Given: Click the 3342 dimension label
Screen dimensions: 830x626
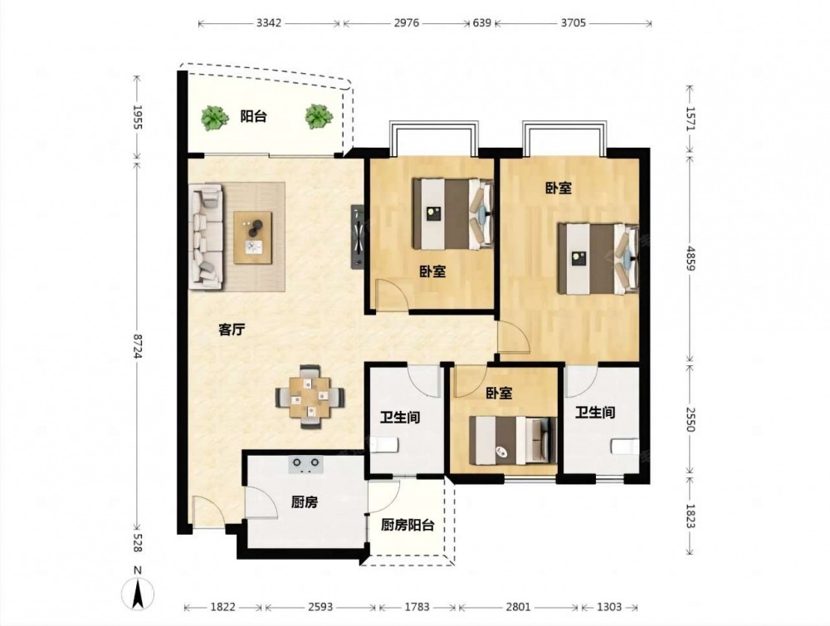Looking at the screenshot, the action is pyautogui.click(x=269, y=22).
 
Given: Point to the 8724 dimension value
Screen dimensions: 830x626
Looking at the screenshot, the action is pyautogui.click(x=138, y=346).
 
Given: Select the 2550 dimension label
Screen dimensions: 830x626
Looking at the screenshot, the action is pyautogui.click(x=689, y=418).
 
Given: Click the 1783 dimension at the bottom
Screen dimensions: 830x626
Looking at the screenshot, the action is pyautogui.click(x=417, y=607).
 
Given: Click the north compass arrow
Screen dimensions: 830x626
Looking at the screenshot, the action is pyautogui.click(x=138, y=593).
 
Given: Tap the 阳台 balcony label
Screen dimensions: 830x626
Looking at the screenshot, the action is pyautogui.click(x=253, y=116).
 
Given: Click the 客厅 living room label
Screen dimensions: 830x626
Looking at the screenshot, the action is pyautogui.click(x=232, y=330).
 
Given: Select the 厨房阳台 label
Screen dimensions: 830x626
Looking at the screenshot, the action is pyautogui.click(x=408, y=525).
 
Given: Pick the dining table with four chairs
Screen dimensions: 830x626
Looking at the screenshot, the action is pyautogui.click(x=310, y=396).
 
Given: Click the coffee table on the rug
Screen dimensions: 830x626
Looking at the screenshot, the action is pyautogui.click(x=253, y=237).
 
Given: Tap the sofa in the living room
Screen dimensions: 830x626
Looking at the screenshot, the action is pyautogui.click(x=207, y=237).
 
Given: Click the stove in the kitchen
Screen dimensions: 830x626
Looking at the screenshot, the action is pyautogui.click(x=305, y=464).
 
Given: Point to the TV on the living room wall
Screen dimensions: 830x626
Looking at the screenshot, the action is pyautogui.click(x=358, y=237).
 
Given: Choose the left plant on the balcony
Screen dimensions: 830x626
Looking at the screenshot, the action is pyautogui.click(x=212, y=118).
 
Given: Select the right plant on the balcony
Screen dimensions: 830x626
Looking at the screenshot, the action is pyautogui.click(x=318, y=116).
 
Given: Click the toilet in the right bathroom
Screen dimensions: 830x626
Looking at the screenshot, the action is pyautogui.click(x=625, y=447).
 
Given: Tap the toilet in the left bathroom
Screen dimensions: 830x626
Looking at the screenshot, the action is pyautogui.click(x=383, y=445).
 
